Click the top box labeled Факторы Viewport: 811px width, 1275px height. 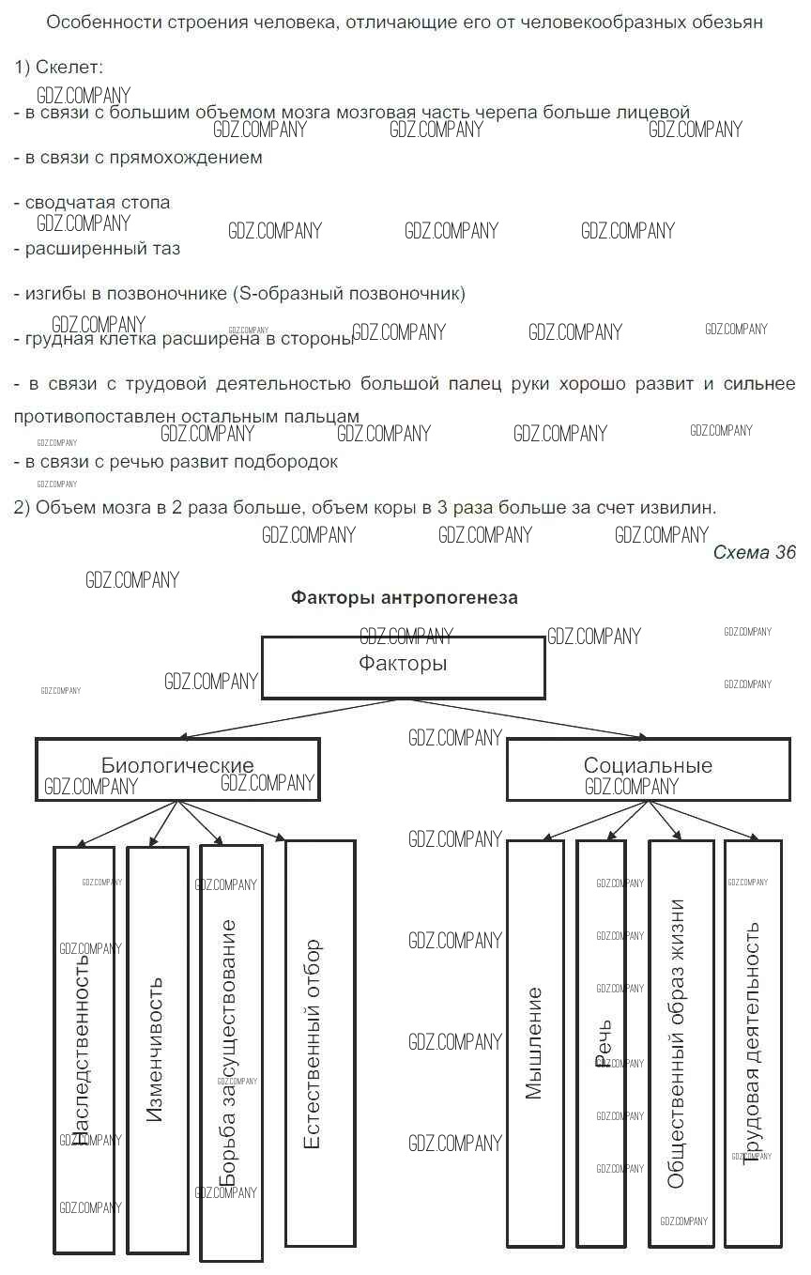[403, 668]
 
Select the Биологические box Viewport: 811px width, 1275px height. [177, 769]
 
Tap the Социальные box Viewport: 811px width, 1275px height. [648, 769]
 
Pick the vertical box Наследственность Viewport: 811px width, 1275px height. [84, 1049]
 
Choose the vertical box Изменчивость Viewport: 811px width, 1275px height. [157, 1049]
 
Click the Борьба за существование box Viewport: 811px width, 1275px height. [230, 1052]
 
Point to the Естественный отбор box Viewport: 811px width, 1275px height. [319, 1042]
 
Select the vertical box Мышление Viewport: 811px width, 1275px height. [535, 1042]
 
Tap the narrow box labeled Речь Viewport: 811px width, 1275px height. [602, 1042]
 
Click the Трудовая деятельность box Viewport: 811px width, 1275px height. [753, 1042]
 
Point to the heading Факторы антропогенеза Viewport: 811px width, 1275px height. [404, 598]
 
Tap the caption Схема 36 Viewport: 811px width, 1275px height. [754, 552]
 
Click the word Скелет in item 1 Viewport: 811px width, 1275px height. [69, 68]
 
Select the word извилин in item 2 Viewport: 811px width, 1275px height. [683, 508]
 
